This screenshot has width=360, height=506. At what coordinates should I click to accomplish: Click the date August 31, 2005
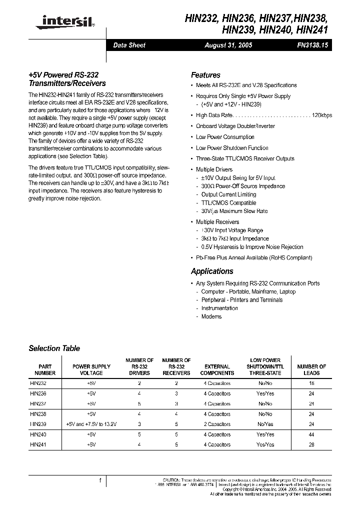[x=228, y=45]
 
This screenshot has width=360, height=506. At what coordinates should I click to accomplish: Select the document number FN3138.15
[x=311, y=45]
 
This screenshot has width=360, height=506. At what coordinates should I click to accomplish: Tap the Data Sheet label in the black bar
[x=129, y=45]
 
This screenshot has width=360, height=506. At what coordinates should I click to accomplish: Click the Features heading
[x=205, y=75]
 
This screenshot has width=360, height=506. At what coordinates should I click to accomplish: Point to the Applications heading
[x=212, y=271]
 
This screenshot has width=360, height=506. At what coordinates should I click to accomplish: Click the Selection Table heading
[x=54, y=348]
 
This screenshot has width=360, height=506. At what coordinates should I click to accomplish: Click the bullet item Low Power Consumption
[x=225, y=137]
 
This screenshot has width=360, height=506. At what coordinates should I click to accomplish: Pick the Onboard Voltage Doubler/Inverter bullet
[x=235, y=126]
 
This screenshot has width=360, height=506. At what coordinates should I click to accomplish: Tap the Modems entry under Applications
[x=211, y=316]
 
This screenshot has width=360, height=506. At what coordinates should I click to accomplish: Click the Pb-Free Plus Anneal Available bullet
[x=253, y=257]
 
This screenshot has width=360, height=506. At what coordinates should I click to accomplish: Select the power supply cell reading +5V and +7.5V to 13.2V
[x=91, y=424]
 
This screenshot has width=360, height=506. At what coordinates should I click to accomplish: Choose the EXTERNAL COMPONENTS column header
[x=217, y=369]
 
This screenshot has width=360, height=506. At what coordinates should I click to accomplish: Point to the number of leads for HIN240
[x=311, y=434]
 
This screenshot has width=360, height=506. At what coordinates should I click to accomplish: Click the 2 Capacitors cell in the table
[x=217, y=424]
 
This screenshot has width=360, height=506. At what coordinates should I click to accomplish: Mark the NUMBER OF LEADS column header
[x=311, y=369]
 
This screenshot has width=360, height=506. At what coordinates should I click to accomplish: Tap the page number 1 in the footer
[x=100, y=480]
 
